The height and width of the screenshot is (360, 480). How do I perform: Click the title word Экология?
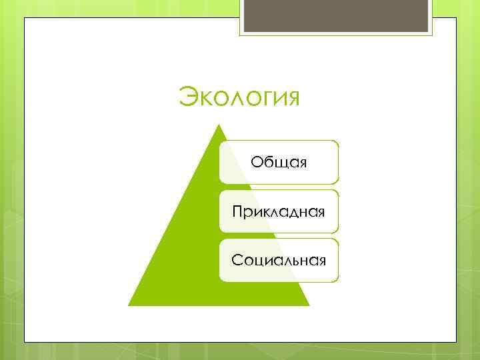[239, 97]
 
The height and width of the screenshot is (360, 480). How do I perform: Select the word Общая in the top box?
[279, 162]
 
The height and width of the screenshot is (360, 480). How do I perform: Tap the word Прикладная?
[279, 211]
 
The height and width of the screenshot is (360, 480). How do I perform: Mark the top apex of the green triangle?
[219, 125]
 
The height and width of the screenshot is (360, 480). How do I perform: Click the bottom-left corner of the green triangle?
[128, 305]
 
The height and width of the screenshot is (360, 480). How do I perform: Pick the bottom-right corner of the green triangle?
[310, 305]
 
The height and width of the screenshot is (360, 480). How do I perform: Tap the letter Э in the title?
[189, 97]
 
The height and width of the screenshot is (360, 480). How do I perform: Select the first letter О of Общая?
[257, 162]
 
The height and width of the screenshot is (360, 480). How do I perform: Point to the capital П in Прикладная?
[237, 211]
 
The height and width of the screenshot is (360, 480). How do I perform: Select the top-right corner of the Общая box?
[338, 141]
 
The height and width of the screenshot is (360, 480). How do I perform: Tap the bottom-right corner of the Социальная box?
[338, 281]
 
